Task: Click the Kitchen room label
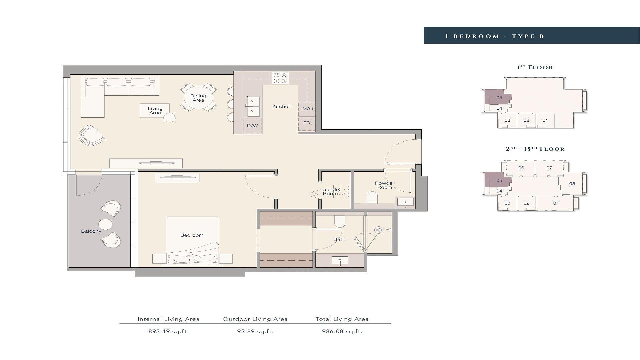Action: [282, 107]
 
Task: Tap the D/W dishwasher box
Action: [252, 126]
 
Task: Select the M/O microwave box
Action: [307, 109]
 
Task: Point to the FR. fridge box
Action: [307, 123]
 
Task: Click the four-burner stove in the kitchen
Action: [280, 78]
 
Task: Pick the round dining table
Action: [198, 98]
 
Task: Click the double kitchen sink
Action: [253, 106]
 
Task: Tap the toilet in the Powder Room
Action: [372, 197]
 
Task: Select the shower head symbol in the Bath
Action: [379, 230]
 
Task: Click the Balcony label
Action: [91, 231]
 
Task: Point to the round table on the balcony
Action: [105, 224]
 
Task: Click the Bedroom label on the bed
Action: [192, 235]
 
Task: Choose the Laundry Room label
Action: [330, 192]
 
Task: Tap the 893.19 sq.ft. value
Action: [169, 331]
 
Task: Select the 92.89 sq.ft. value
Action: [256, 331]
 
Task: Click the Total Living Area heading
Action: [342, 319]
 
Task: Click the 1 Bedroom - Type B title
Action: [495, 36]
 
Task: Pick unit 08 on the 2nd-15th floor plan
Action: [572, 184]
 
